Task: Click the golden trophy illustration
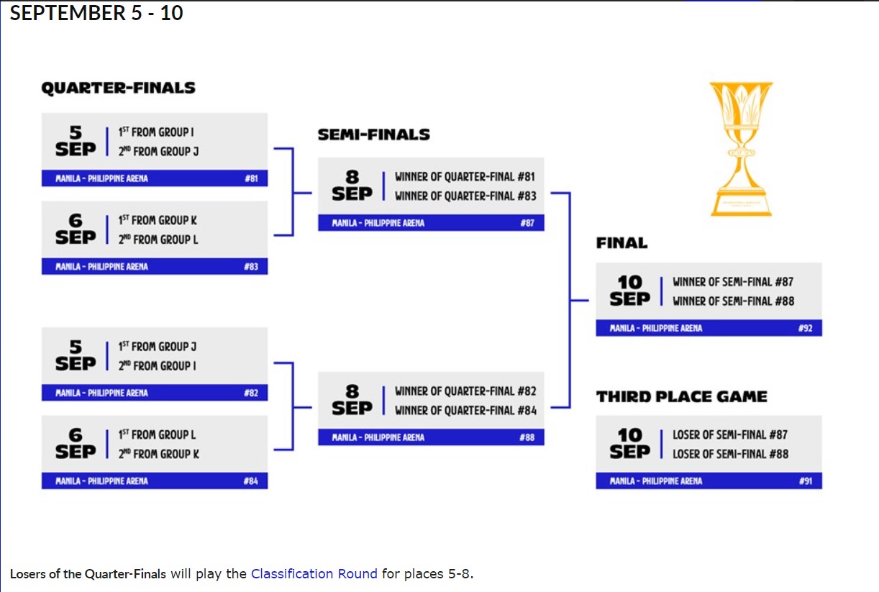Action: (x=741, y=147)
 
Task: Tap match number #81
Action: (x=251, y=178)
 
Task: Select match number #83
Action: (x=251, y=267)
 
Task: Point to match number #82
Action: (x=251, y=393)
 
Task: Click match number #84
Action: (x=251, y=481)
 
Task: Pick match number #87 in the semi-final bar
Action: (x=527, y=223)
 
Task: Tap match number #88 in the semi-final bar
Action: (x=527, y=437)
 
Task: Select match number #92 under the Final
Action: (x=805, y=328)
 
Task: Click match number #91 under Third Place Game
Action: (x=805, y=481)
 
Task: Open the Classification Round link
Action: (x=314, y=574)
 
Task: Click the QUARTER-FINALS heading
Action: (x=118, y=88)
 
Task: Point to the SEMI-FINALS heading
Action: (x=374, y=135)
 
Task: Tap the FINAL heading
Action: (x=621, y=243)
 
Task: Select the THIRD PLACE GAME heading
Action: (x=681, y=396)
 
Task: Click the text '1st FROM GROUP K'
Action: (x=158, y=220)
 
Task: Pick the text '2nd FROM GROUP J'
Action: (x=158, y=151)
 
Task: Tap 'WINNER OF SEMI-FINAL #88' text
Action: (x=733, y=301)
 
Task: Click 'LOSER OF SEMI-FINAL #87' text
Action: (x=730, y=434)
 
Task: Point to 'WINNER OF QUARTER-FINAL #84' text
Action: (x=465, y=410)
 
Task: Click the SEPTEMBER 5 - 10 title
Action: (x=96, y=13)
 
